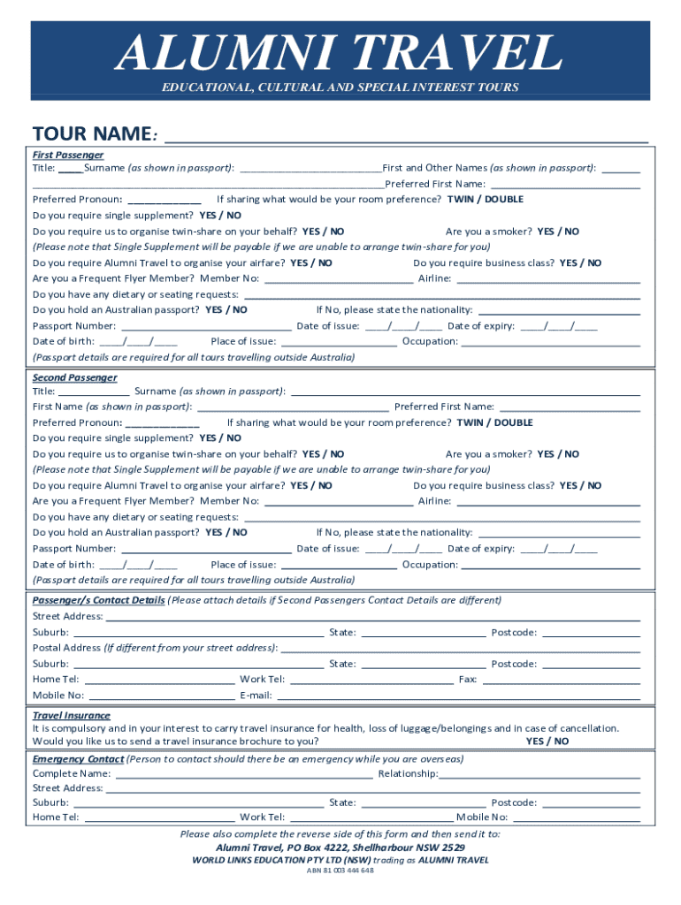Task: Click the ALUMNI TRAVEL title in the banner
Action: coord(340,53)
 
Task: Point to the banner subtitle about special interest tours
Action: coord(340,87)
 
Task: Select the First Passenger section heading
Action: coord(68,155)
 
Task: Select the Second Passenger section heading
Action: coord(74,377)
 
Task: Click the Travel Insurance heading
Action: coord(72,715)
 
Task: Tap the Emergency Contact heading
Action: coord(78,759)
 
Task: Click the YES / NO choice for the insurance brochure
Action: coord(547,741)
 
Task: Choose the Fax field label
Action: coord(468,680)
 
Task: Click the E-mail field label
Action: coord(256,696)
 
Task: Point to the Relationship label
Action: coord(408,773)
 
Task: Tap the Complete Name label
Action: coord(72,773)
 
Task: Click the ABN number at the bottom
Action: coord(340,871)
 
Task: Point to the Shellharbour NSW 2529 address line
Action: coord(340,847)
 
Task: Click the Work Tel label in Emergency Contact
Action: coord(262,818)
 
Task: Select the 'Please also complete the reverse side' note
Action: coord(340,833)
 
